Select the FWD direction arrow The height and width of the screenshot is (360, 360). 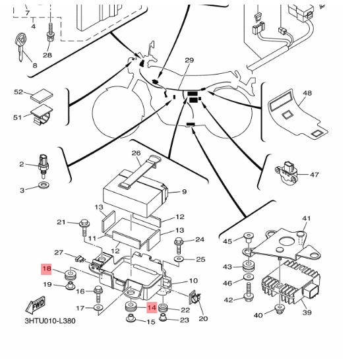(36, 305)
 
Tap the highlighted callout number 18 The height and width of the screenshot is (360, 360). (46, 269)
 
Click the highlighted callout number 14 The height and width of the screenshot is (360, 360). (152, 307)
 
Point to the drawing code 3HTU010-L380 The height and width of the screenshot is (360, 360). (50, 320)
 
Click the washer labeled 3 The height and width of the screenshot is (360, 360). (44, 185)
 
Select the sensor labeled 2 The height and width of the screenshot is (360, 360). (44, 165)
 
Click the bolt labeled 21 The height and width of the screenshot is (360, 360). (84, 228)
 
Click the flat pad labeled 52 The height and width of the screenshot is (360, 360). (42, 95)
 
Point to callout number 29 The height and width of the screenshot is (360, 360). (189, 60)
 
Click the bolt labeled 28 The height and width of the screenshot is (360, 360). (51, 32)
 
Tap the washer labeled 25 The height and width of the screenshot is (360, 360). (178, 259)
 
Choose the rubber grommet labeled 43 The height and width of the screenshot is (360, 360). (249, 266)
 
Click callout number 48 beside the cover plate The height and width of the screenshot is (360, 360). (307, 93)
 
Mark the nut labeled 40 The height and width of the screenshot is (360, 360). (279, 309)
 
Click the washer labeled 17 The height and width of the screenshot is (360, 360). (98, 307)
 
